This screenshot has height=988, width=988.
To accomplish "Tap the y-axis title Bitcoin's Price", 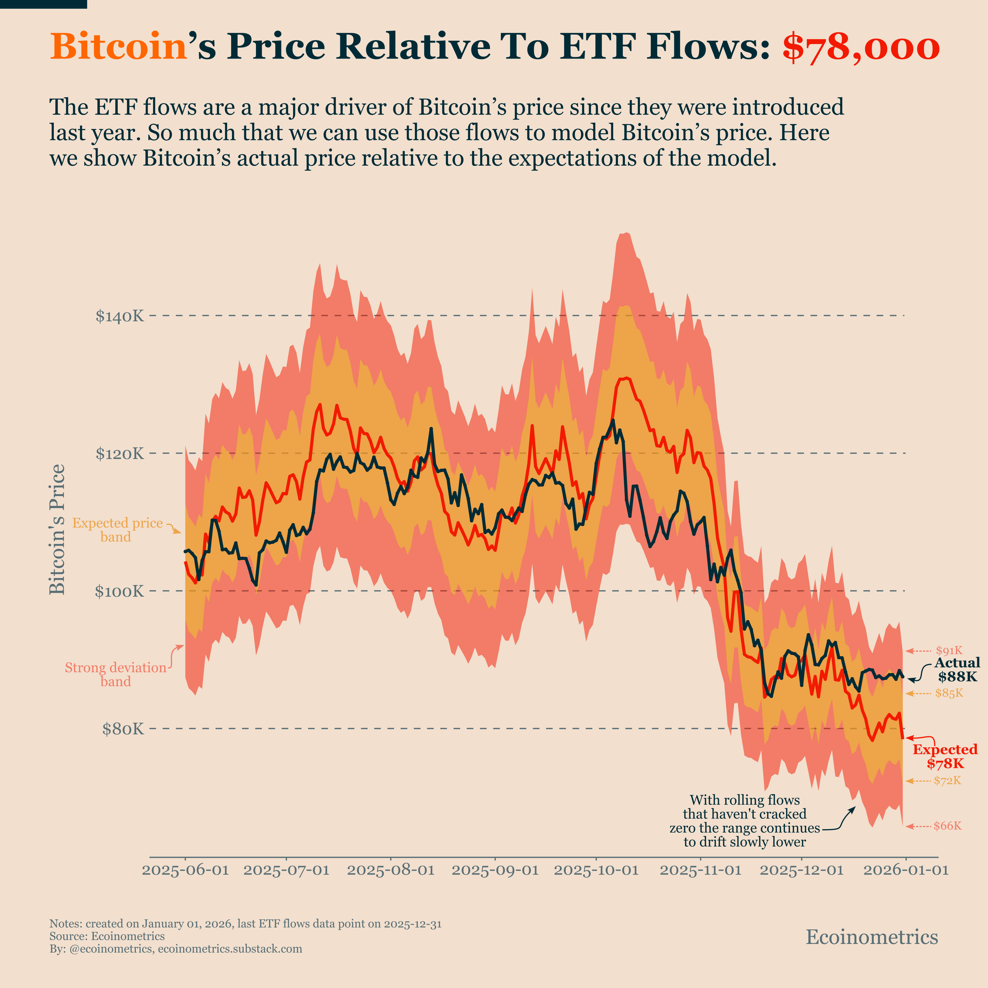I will (x=57, y=529).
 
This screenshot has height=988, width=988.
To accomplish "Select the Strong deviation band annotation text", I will (x=115, y=675).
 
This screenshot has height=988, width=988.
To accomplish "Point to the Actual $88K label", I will (x=957, y=670).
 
